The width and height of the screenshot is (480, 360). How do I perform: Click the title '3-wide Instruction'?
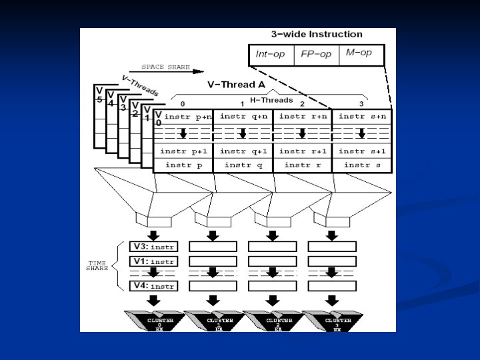[x=317, y=34]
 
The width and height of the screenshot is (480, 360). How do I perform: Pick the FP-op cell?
[x=316, y=54]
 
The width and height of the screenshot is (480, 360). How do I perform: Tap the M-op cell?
[x=360, y=53]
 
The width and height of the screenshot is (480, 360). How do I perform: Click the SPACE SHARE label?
[x=165, y=67]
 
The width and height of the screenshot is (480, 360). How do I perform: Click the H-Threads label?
[x=271, y=100]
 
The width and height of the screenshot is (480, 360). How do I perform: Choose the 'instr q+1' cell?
[x=243, y=151]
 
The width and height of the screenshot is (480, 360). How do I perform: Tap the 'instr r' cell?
[x=302, y=165]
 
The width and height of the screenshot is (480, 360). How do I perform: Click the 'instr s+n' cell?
[x=361, y=116]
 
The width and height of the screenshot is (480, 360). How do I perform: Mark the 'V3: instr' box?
[x=153, y=246]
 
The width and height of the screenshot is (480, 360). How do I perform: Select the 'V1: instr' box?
[x=153, y=261]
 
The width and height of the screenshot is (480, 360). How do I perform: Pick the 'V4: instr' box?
[x=153, y=286]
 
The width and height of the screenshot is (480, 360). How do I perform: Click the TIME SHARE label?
[x=97, y=266]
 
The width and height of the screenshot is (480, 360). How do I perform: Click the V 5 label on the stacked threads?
[x=99, y=95]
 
